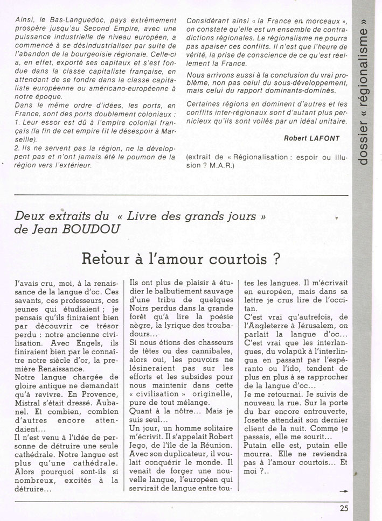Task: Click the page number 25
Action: point(344,506)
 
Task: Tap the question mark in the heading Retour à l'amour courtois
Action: point(275,258)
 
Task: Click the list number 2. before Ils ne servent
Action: point(20,149)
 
